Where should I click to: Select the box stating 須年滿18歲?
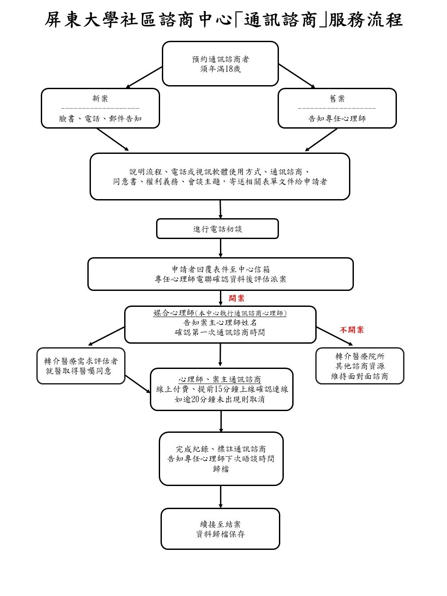click(x=220, y=63)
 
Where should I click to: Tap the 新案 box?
click(x=100, y=108)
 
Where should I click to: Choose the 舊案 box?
click(x=337, y=108)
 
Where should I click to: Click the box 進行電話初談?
click(x=217, y=229)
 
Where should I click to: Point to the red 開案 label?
click(x=236, y=298)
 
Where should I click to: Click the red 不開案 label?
click(x=352, y=330)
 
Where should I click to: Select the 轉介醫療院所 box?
click(x=360, y=366)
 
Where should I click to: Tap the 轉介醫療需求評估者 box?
click(x=81, y=366)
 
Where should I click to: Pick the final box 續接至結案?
click(x=220, y=529)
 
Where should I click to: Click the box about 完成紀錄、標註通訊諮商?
click(x=221, y=459)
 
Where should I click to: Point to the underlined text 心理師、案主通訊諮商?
click(x=220, y=380)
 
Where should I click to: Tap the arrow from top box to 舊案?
click(x=297, y=76)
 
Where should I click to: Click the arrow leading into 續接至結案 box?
click(x=220, y=497)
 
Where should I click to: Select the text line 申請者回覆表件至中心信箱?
click(x=220, y=269)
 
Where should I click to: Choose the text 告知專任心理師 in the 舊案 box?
click(x=337, y=119)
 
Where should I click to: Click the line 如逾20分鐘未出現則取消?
click(x=220, y=399)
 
